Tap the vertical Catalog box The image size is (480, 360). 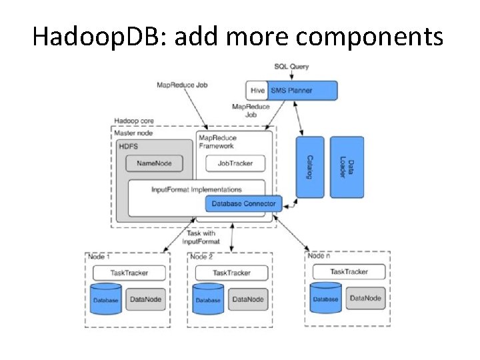(x=310, y=167)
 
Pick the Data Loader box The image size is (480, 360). (x=347, y=167)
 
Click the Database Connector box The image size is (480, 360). (x=243, y=203)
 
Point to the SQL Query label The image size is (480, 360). (x=291, y=67)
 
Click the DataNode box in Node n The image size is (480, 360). (x=365, y=298)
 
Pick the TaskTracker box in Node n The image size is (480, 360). (x=349, y=272)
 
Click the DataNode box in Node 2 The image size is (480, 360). (x=248, y=299)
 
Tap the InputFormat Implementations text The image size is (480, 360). (x=196, y=190)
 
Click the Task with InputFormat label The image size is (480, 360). (x=200, y=237)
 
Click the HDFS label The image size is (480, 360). (x=127, y=145)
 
